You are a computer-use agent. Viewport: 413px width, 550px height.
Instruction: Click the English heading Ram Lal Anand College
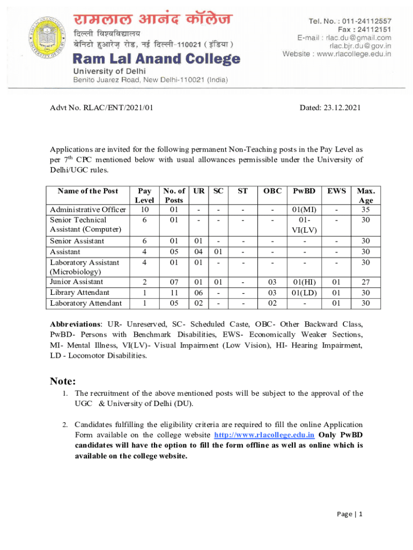156,59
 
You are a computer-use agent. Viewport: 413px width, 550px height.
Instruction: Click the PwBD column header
304,191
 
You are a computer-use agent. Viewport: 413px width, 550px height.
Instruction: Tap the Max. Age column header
366,196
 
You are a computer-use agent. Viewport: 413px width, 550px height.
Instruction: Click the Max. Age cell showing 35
366,209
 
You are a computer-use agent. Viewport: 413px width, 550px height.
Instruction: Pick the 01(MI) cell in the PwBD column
304,209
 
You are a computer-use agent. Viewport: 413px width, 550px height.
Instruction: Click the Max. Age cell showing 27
366,282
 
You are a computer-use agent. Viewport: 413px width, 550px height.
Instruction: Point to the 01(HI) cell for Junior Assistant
304,282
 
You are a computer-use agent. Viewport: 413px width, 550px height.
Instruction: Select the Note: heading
63,381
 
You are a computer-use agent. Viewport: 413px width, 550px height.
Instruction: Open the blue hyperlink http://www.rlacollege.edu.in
264,435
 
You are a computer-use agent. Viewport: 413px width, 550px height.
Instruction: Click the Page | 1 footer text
350,514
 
